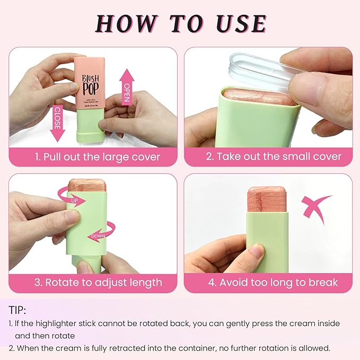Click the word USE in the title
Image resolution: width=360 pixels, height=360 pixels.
[239, 23]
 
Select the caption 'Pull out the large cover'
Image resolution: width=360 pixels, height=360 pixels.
[98, 157]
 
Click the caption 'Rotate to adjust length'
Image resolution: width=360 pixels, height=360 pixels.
[98, 282]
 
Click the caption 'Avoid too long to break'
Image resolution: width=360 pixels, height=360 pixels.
[272, 282]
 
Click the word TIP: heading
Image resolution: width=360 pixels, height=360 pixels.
[17, 310]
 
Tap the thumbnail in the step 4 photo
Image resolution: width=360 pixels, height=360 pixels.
[258, 250]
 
